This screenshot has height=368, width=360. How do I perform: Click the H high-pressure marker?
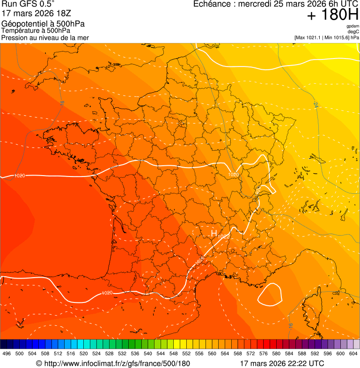coord(214,233)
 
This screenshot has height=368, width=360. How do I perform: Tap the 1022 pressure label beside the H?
coord(223,237)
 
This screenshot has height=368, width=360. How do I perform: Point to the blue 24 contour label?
coord(315,106)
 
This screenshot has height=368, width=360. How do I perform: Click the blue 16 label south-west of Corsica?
coord(290,325)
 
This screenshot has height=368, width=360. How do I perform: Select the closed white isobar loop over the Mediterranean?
coord(271,294)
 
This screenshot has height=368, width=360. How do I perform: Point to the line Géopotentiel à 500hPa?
coord(44,24)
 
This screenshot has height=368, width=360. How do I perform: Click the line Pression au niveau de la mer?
coord(45,37)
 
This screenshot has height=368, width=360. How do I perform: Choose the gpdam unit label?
coord(353,26)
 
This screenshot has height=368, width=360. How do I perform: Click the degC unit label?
coord(353,31)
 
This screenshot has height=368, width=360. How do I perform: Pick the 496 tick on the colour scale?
coord(7,353)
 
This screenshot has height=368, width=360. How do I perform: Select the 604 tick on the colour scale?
coord(353,353)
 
